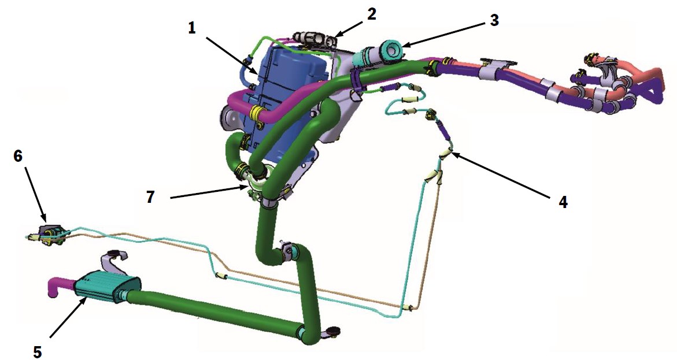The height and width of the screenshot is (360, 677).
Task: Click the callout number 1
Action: (192, 28)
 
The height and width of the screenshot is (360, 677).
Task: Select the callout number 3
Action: (494, 20)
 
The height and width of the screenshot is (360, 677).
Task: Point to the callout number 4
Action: (563, 202)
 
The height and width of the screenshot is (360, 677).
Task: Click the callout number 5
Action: (38, 351)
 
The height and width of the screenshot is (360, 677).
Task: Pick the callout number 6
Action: (17, 156)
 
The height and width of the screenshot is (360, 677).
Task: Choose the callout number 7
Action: (150, 197)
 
